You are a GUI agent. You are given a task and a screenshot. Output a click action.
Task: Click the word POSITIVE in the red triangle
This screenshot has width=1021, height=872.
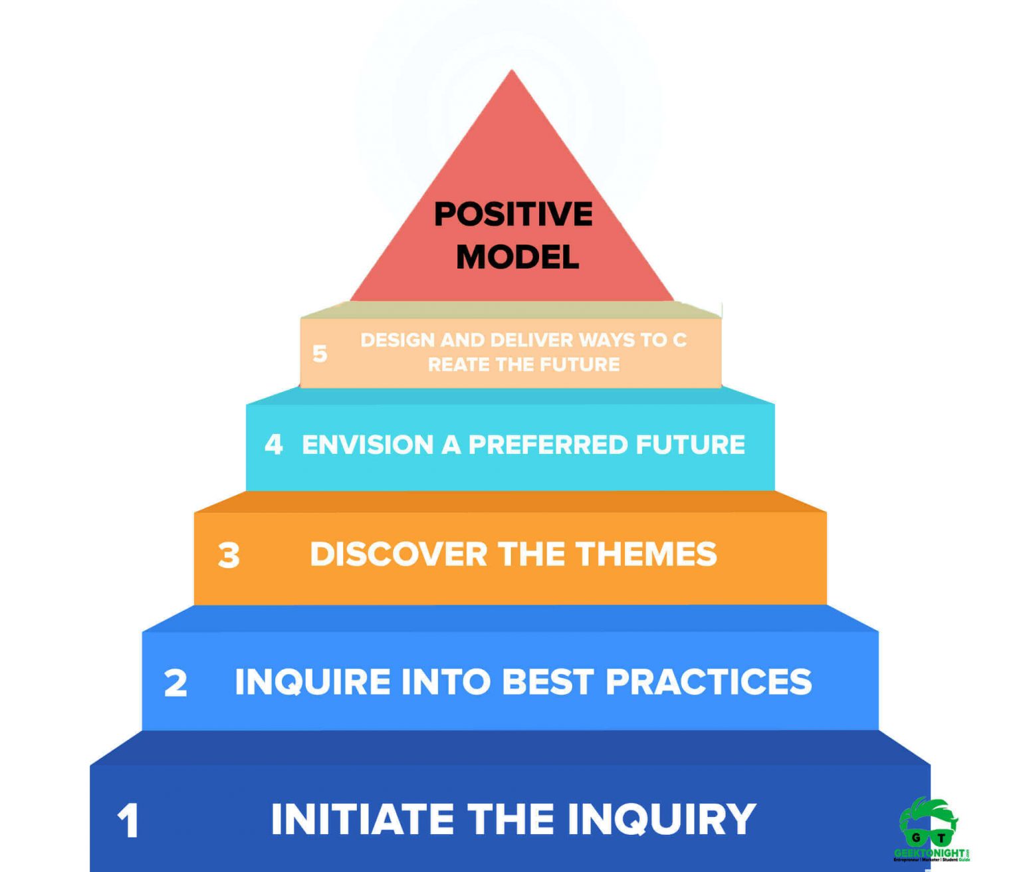point(513,215)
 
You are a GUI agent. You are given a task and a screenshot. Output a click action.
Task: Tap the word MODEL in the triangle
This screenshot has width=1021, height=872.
point(517,257)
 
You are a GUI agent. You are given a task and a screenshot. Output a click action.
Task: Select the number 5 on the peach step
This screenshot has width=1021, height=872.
point(320,354)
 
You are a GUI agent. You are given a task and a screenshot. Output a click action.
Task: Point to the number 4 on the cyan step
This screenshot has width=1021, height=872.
point(273,444)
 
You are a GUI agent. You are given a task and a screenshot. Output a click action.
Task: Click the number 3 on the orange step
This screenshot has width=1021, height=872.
point(229,555)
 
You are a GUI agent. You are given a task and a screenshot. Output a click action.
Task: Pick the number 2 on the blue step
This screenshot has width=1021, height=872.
point(175,683)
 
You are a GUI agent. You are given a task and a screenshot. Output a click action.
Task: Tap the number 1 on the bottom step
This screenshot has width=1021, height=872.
point(128,820)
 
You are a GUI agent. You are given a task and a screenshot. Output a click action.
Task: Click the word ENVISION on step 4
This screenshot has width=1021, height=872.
point(368,445)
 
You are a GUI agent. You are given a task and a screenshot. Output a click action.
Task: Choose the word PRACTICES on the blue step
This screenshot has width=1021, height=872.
point(709,682)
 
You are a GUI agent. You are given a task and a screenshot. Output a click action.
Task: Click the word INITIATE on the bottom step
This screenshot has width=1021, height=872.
point(362,819)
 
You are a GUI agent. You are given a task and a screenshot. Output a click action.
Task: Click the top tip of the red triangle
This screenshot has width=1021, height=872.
point(512,72)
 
